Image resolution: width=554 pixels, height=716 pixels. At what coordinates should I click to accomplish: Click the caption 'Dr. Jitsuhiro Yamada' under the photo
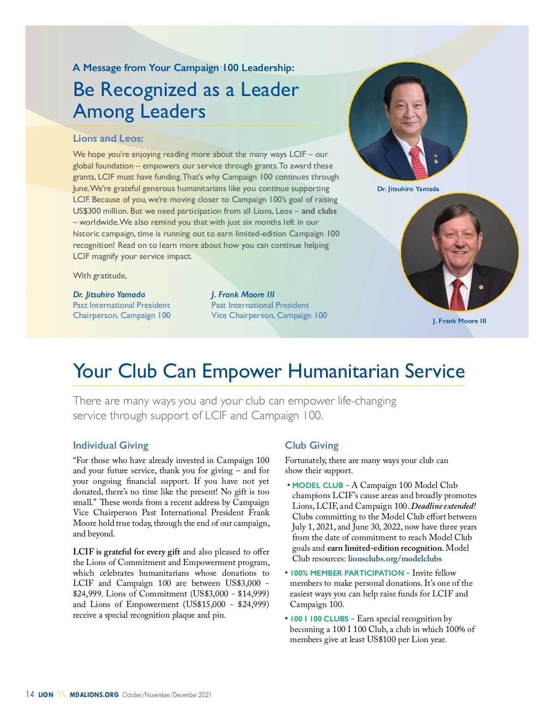pos(408,189)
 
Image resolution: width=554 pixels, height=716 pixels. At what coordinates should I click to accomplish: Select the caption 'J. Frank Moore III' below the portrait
pos(459,321)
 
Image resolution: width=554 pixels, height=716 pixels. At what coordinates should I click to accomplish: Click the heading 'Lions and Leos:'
pos(108,138)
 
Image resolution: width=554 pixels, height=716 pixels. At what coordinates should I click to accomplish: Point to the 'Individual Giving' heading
pos(110,445)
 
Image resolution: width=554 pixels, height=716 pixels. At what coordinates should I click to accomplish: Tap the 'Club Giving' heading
pos(312,445)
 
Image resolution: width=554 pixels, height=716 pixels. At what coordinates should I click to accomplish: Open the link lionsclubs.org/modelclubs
pos(395,559)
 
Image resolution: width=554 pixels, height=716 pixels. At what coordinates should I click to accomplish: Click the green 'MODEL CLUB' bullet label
pos(318,485)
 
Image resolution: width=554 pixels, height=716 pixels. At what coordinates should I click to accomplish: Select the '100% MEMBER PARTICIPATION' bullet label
pos(347,573)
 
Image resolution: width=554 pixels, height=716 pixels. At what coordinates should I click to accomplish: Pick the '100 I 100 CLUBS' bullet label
pos(319,619)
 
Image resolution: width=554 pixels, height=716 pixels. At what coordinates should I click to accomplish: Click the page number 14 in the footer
pos(30,694)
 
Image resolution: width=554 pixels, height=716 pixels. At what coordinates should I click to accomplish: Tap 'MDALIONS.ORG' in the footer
pos(94,695)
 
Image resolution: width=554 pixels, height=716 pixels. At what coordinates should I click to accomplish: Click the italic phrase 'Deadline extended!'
pos(443,506)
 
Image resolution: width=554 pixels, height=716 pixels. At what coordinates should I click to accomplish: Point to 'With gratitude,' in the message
pos(100,276)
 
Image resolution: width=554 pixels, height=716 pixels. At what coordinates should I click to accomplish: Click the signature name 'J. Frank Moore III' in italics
pos(243,295)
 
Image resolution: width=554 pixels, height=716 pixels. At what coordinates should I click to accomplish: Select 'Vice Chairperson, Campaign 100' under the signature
pos(269,315)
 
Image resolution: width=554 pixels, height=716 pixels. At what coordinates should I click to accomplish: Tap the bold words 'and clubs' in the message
pos(319,211)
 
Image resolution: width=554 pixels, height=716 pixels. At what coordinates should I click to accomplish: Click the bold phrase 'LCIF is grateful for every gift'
pos(126,552)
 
